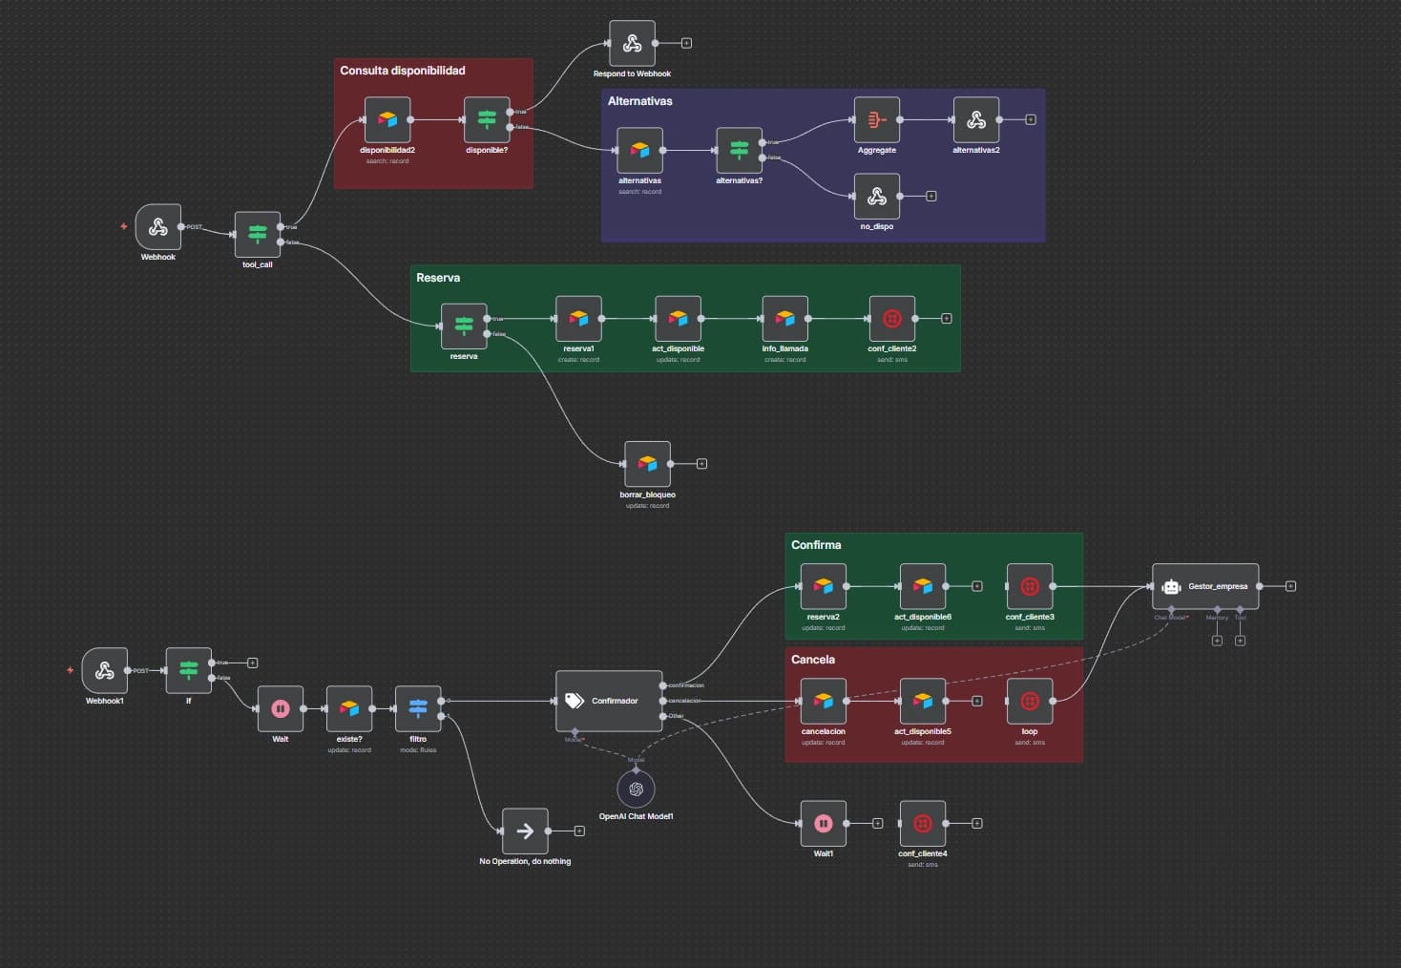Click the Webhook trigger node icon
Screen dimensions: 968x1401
[157, 227]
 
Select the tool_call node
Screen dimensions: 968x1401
[258, 234]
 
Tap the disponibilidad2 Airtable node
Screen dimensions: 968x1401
[387, 120]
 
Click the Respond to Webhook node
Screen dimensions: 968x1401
[632, 44]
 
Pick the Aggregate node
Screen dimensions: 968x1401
[877, 120]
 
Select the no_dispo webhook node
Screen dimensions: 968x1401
[877, 197]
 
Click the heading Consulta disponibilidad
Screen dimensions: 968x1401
[403, 71]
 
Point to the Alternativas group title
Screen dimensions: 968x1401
[639, 101]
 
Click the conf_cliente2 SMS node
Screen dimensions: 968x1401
[892, 319]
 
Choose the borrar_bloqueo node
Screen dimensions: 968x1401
[647, 464]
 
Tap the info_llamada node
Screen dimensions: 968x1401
[784, 319]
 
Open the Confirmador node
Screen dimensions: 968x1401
[609, 701]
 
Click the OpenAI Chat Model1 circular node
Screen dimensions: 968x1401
[636, 789]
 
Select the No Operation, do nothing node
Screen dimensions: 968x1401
[525, 831]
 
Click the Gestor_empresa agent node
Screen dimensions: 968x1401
[1205, 586]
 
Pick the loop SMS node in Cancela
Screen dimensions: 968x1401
[1030, 701]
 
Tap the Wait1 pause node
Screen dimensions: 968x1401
[824, 823]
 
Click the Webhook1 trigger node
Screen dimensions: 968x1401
[105, 670]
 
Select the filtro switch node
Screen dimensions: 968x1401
[418, 708]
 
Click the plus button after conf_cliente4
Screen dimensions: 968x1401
[977, 823]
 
